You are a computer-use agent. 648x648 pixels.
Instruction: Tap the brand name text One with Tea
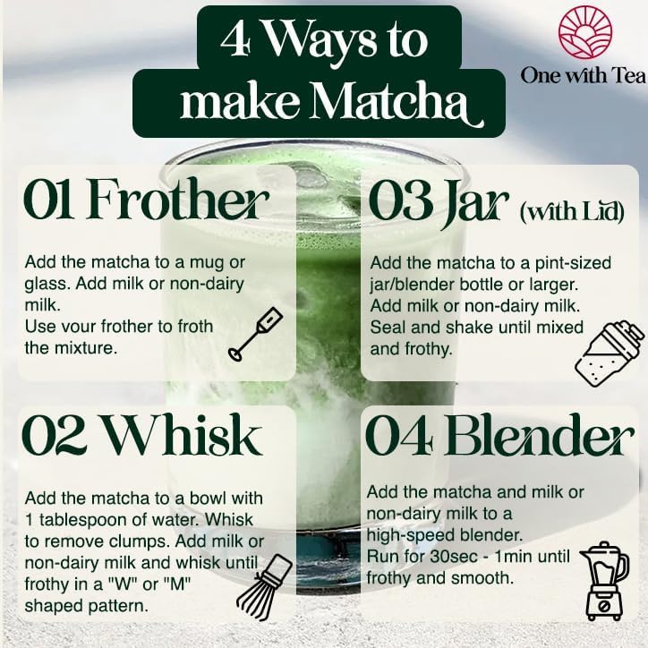pyautogui.click(x=584, y=76)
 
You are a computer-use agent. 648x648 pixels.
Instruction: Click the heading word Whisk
pyautogui.click(x=183, y=438)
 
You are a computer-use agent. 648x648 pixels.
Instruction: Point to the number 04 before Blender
pyautogui.click(x=400, y=438)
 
